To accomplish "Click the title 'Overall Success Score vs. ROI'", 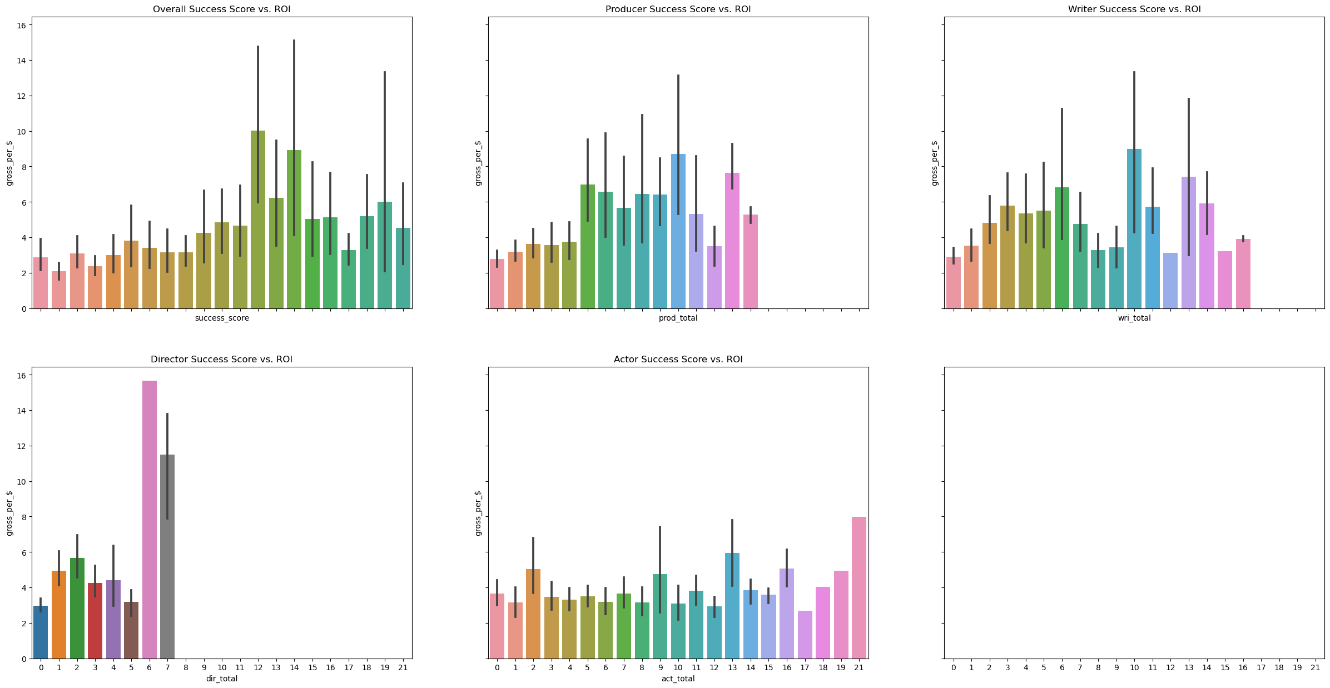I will (221, 9).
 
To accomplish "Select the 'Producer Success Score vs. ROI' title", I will (678, 9).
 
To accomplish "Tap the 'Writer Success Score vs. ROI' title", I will (1134, 9).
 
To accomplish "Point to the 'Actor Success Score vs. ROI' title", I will (678, 360).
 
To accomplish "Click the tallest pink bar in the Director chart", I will (150, 520).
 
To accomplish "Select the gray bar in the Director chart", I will (167, 556).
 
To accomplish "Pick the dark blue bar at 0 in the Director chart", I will (41, 632).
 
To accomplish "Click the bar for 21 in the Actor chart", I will (858, 587).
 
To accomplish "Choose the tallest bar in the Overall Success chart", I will (258, 220).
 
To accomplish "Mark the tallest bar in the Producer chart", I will (678, 231).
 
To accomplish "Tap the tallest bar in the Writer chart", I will (1134, 228).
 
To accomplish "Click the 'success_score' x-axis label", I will (222, 318).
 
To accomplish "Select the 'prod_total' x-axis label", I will (678, 318).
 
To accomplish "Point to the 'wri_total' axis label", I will (1134, 318).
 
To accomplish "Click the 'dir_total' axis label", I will (221, 679).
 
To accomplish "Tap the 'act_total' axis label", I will (678, 679).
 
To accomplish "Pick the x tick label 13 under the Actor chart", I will (732, 667).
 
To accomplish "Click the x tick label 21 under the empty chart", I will (1315, 667).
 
